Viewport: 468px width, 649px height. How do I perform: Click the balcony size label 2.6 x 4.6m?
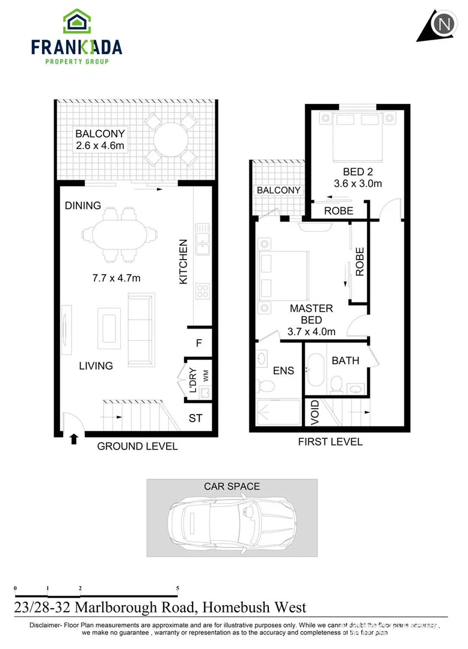(x=100, y=145)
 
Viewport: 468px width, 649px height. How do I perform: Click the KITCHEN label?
(x=183, y=262)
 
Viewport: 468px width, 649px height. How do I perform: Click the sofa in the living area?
(x=140, y=329)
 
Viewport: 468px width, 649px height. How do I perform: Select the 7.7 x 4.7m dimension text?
(x=116, y=278)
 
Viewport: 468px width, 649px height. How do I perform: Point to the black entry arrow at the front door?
(x=75, y=439)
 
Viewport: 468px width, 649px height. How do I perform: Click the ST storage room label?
(x=196, y=418)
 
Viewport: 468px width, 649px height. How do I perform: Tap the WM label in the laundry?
(x=205, y=376)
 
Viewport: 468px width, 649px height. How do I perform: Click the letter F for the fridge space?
(x=199, y=344)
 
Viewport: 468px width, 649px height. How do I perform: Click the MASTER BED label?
(x=311, y=314)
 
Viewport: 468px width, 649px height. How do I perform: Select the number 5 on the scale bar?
(x=177, y=588)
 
